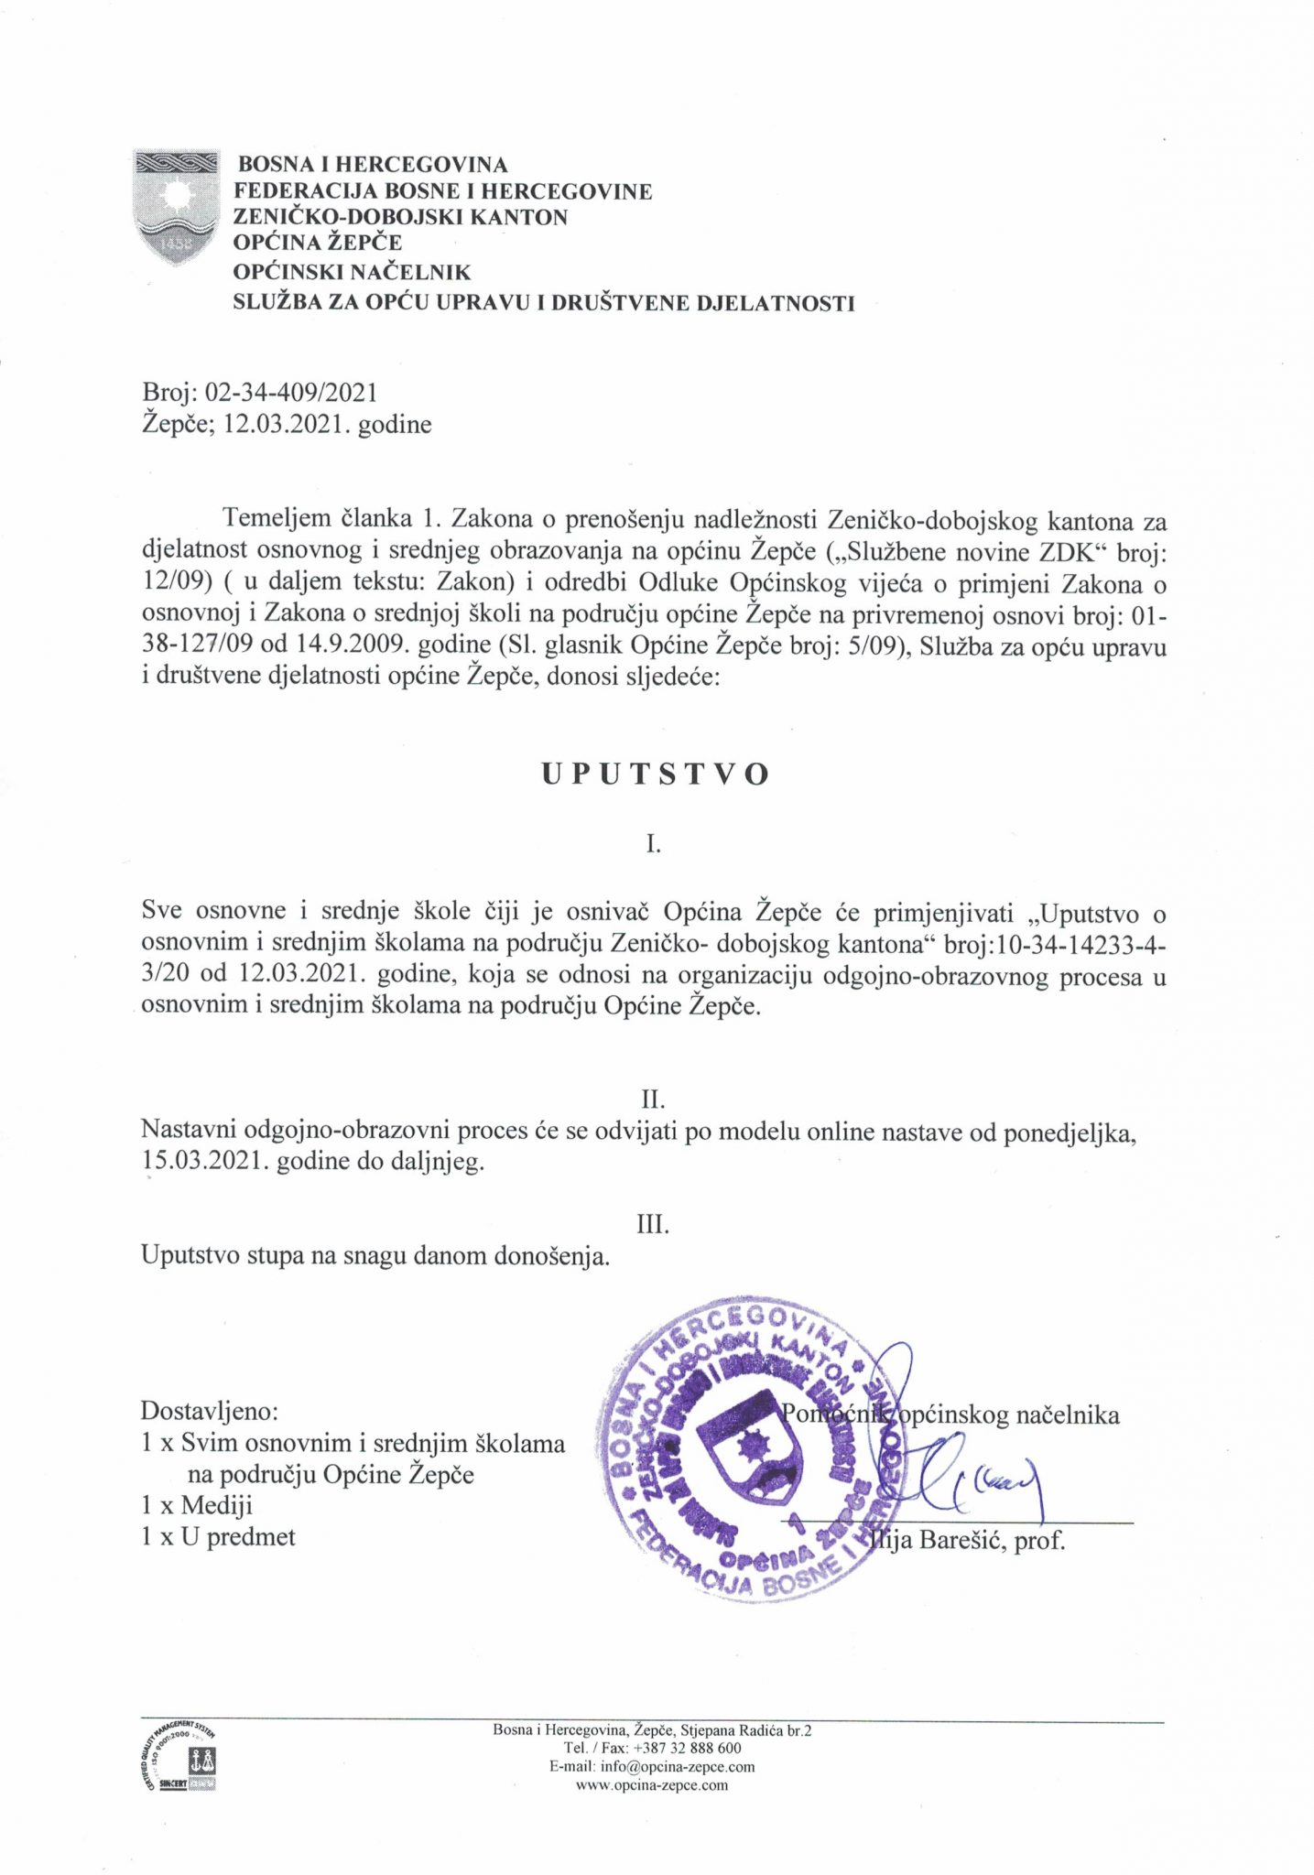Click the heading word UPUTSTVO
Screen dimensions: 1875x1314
tap(655, 775)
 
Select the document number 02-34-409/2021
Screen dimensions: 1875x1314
tap(290, 393)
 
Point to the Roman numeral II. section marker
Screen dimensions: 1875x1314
tap(652, 1099)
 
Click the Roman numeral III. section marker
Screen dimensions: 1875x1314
tap(653, 1224)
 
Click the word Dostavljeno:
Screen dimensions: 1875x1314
tap(210, 1411)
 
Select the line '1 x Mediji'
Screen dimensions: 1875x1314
tap(197, 1505)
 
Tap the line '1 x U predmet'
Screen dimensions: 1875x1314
tap(218, 1536)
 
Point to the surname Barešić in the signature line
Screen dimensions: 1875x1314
tap(961, 1540)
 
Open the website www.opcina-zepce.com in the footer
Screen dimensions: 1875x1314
tap(651, 1784)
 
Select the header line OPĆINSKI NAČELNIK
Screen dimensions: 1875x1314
tap(352, 272)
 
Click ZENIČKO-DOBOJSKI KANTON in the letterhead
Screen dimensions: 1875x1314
tap(400, 217)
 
